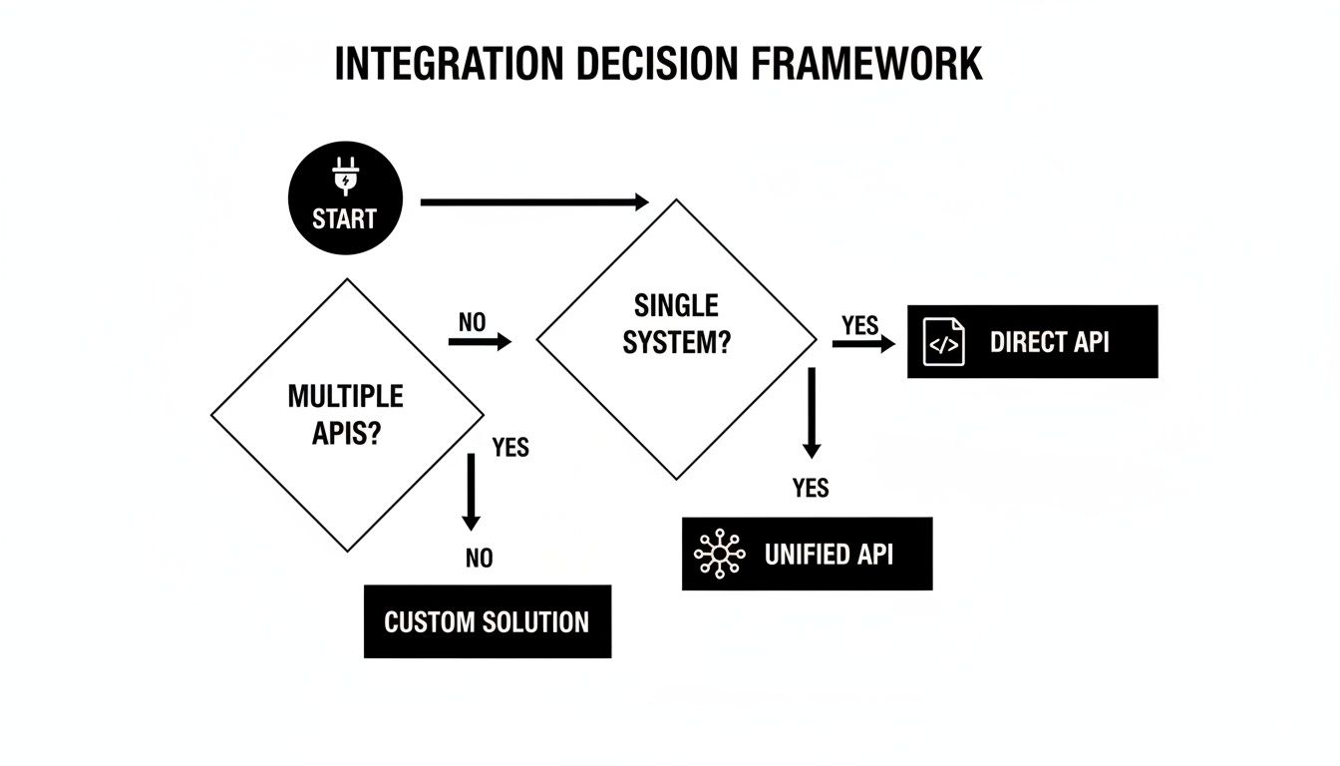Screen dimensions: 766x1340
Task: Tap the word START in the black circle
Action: (344, 218)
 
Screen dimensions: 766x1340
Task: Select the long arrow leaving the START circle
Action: (534, 202)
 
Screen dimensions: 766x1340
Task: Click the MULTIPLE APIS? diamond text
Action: (346, 415)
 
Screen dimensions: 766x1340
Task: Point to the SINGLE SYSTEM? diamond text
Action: (676, 324)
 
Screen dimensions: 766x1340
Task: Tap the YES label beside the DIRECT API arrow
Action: (860, 325)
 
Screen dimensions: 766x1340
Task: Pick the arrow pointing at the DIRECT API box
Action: (863, 344)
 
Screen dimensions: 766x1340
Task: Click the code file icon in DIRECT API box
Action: (943, 342)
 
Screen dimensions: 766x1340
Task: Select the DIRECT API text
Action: (1049, 342)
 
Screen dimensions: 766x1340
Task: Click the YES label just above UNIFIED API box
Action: (811, 488)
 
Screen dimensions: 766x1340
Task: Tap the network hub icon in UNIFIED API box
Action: (719, 554)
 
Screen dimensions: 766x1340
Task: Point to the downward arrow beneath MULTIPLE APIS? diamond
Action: (472, 492)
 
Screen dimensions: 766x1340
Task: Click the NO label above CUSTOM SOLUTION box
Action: (479, 559)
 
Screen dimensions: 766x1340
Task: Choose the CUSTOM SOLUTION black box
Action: (487, 621)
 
